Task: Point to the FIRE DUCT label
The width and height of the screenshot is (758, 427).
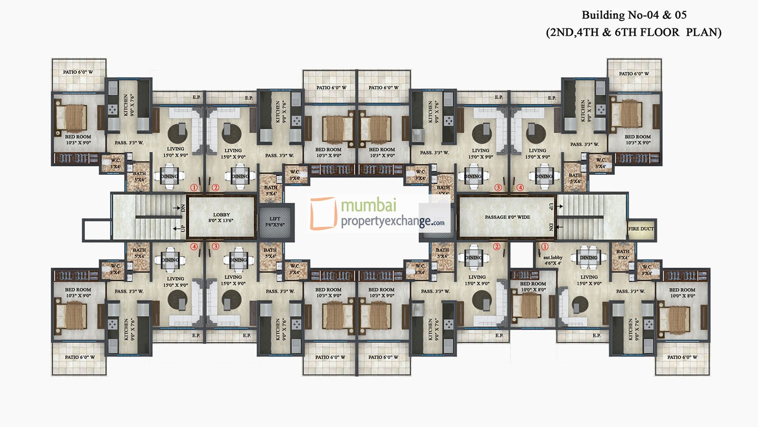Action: click(642, 229)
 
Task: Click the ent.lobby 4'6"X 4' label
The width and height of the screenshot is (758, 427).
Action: click(548, 260)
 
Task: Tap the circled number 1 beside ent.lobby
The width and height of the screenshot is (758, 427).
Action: click(545, 246)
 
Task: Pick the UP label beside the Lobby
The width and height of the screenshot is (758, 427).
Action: click(183, 229)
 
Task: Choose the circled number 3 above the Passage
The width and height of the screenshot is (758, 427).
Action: click(498, 187)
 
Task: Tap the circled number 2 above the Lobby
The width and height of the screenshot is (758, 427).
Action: click(215, 187)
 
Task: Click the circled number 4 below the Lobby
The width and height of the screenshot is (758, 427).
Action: click(195, 246)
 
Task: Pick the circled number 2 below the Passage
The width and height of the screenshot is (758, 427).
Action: click(496, 246)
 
